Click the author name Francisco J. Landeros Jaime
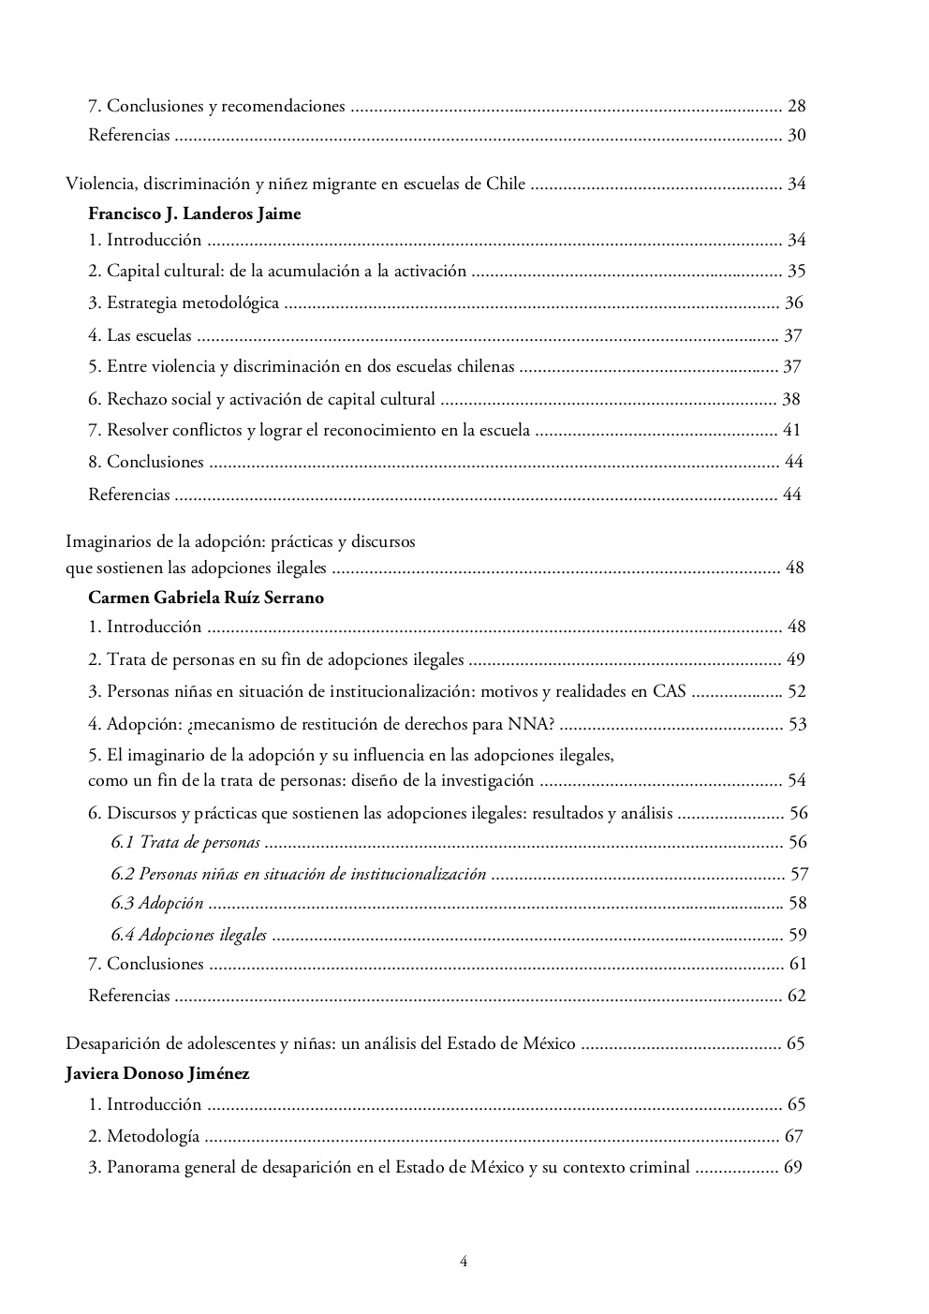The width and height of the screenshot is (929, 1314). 194,213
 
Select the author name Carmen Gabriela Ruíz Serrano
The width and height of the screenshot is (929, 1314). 206,598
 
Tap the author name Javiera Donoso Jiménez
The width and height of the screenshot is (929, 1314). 157,1073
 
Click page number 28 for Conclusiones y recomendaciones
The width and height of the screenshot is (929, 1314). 796,106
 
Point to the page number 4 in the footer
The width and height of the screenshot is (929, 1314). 464,1261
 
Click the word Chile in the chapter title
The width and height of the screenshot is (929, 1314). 506,184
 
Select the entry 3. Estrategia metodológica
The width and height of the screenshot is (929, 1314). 184,303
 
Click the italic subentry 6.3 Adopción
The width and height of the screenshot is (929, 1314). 156,903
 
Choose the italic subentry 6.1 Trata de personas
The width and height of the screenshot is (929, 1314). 184,842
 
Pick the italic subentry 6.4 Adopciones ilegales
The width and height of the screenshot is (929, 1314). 188,935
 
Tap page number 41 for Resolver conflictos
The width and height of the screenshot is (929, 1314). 790,431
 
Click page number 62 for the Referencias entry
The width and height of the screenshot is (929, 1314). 796,996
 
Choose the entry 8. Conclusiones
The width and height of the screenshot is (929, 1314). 145,462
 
